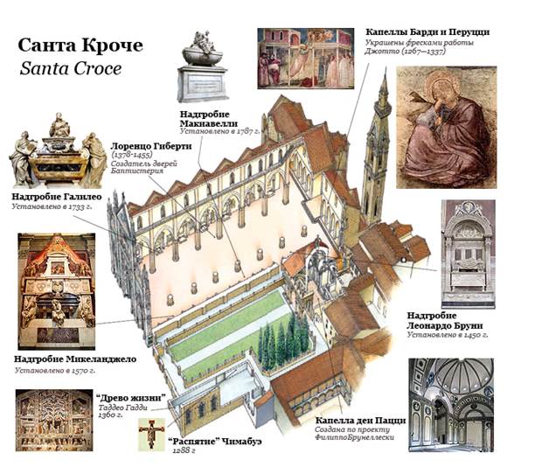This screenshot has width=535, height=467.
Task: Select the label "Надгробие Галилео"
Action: click(57, 198)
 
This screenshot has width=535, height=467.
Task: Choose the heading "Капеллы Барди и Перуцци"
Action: click(427, 31)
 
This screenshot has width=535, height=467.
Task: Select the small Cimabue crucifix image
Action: click(151, 435)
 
